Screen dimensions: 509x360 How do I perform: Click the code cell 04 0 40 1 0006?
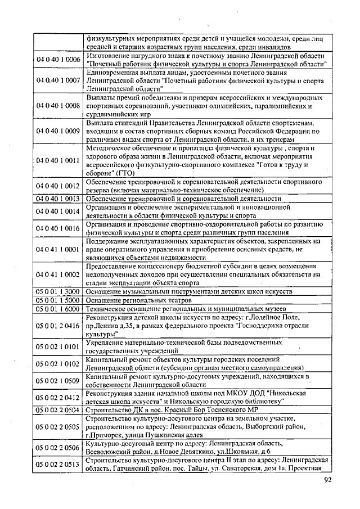58,60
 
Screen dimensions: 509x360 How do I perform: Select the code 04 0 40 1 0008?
58,105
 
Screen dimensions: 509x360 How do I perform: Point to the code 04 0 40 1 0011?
58,161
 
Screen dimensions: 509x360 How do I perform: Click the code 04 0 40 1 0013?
58,199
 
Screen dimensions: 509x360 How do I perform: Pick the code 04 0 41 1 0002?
58,274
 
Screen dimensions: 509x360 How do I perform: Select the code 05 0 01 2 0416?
58,325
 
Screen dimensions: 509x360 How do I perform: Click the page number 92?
328,480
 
